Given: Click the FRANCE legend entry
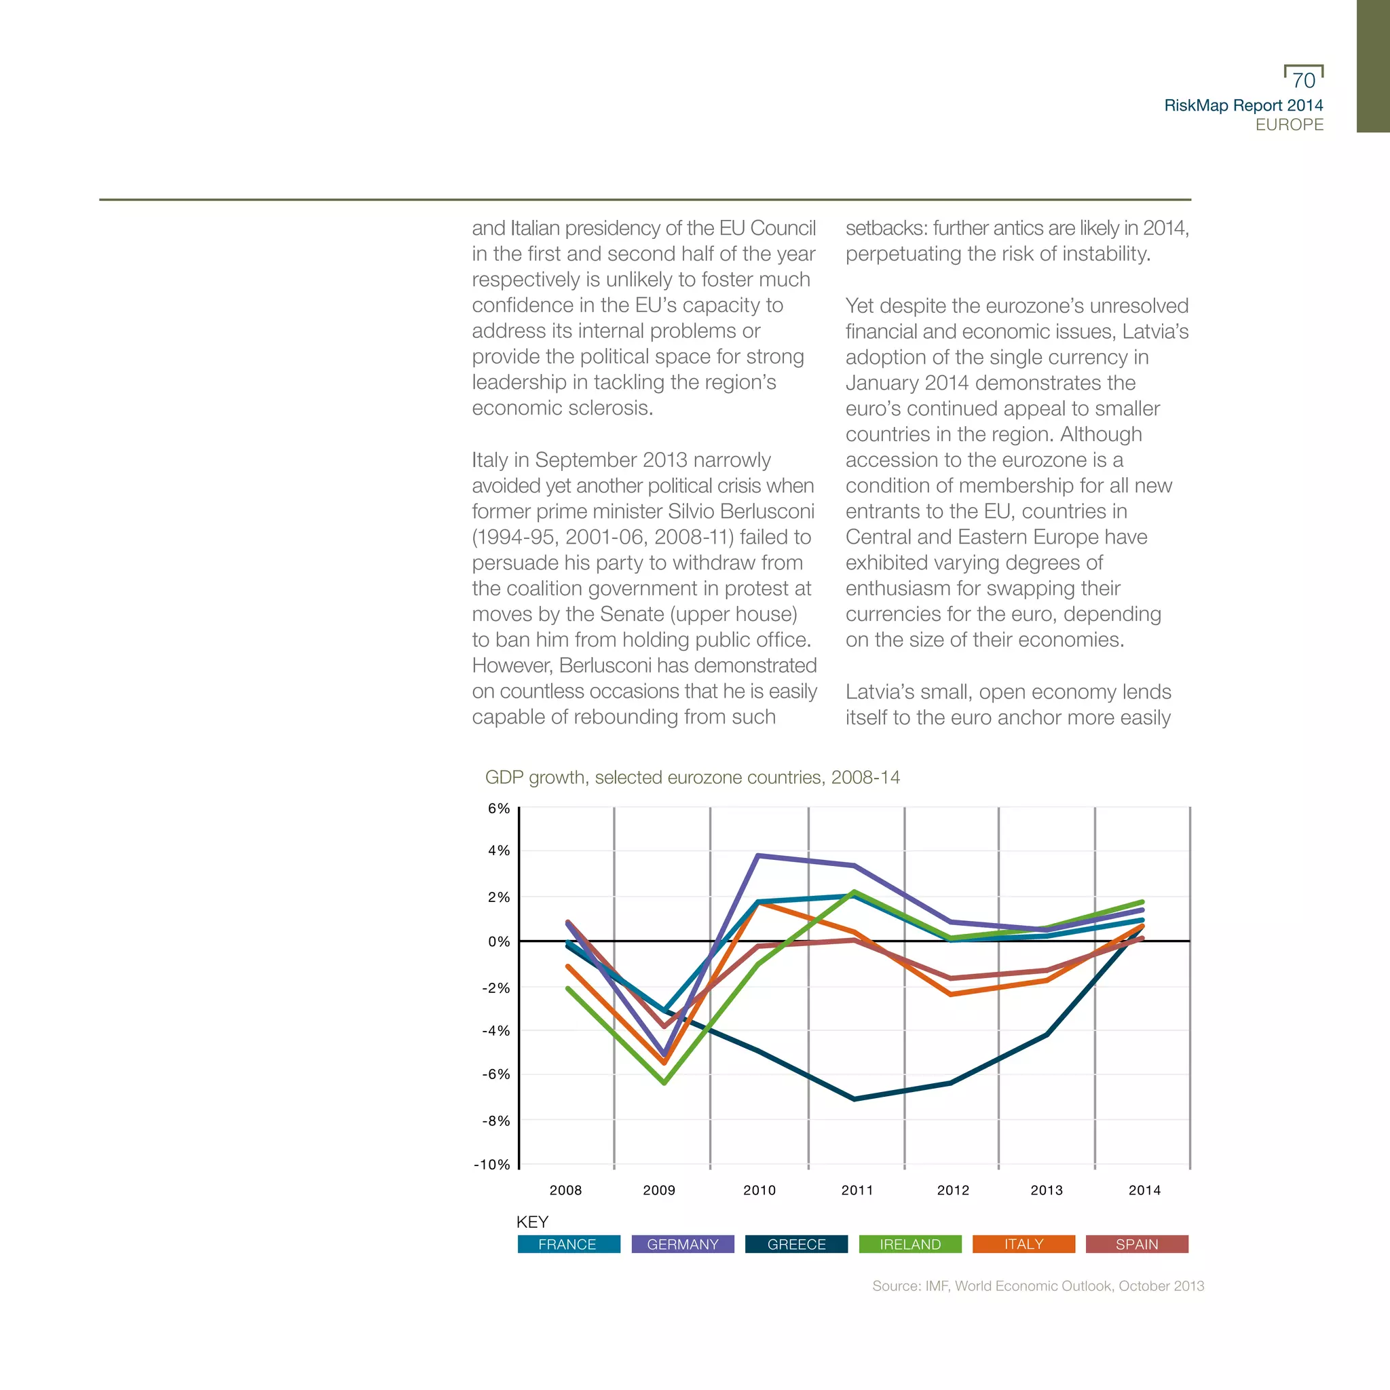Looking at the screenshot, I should click(x=568, y=1244).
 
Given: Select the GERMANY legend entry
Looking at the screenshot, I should click(x=683, y=1244).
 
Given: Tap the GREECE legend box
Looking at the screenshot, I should click(x=796, y=1244).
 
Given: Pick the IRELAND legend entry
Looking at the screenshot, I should click(x=910, y=1244).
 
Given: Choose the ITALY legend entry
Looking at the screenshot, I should click(x=1023, y=1244).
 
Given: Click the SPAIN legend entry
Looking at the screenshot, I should click(x=1137, y=1244).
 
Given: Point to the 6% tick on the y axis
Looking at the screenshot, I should click(x=499, y=808).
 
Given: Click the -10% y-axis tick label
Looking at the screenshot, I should click(x=492, y=1165).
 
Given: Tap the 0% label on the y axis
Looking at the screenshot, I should click(x=499, y=942).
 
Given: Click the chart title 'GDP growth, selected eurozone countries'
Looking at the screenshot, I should click(x=692, y=778).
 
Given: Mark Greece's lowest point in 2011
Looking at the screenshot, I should click(x=854, y=1099).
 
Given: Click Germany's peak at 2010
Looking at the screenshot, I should click(x=758, y=855).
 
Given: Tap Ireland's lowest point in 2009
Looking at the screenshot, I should click(x=664, y=1082).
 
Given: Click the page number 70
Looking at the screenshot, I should click(x=1304, y=81).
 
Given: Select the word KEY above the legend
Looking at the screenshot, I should click(x=532, y=1222).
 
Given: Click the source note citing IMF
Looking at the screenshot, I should click(x=1038, y=1285).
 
